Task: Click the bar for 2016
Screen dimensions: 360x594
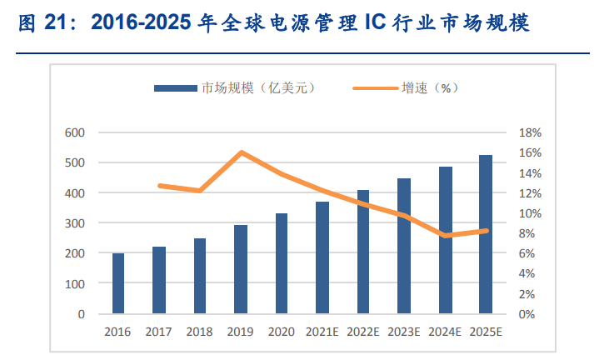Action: point(118,283)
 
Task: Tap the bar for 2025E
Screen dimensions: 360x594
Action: point(486,234)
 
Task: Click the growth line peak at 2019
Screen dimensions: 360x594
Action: point(241,152)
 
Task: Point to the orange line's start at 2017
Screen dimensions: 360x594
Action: point(159,185)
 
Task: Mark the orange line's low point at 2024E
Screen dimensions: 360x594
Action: point(445,236)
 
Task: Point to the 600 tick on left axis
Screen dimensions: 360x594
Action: point(75,132)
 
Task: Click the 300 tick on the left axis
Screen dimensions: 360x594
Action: point(75,223)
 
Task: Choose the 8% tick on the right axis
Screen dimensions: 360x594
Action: point(532,233)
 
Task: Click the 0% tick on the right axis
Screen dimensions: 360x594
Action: point(532,314)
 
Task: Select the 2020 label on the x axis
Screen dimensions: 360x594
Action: point(282,332)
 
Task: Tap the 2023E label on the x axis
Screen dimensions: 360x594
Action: point(404,332)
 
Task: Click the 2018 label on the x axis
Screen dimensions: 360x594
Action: point(200,332)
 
